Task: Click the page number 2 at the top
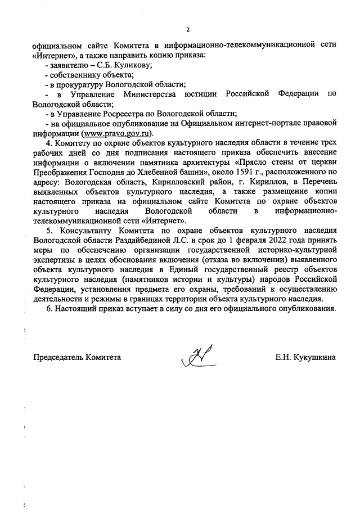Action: tap(188, 29)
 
